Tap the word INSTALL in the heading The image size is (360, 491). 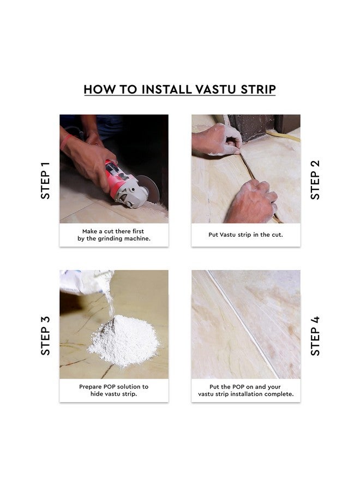click(166, 89)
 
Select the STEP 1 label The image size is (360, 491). click(45, 181)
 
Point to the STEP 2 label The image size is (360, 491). click(315, 179)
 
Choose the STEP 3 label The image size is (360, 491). click(45, 336)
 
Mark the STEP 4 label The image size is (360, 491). click(315, 336)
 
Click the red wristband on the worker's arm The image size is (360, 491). click(65, 141)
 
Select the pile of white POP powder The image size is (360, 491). click(124, 341)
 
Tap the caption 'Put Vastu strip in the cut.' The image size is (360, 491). click(246, 235)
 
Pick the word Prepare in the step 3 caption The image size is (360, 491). click(91, 387)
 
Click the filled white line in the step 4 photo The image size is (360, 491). click(243, 324)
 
